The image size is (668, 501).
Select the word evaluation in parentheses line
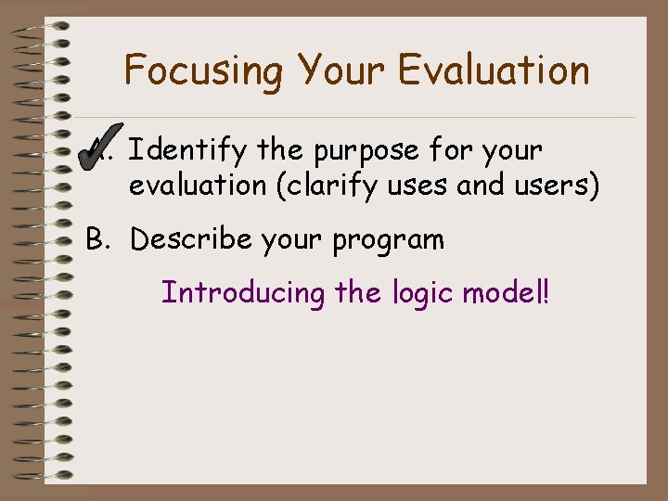click(198, 186)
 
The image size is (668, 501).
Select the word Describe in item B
click(191, 239)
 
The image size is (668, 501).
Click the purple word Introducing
click(244, 293)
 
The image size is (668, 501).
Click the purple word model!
click(507, 293)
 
